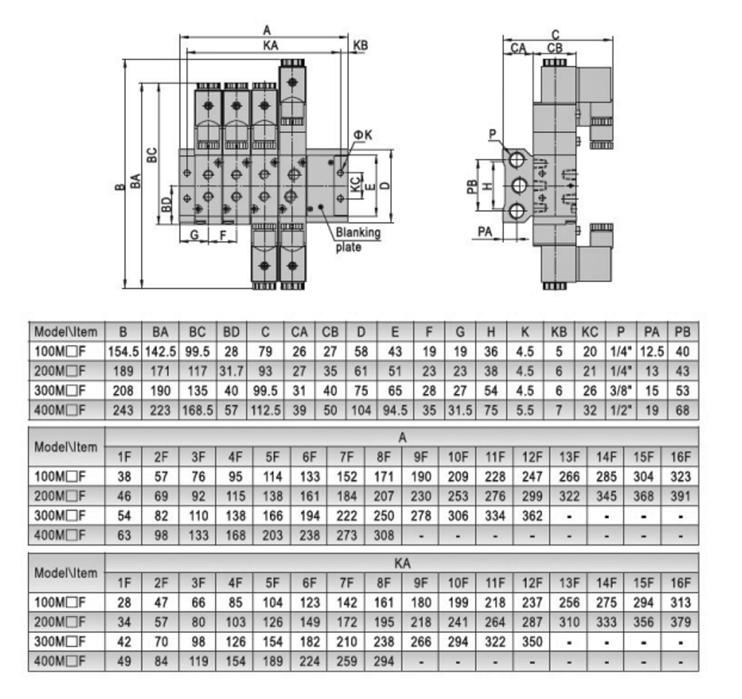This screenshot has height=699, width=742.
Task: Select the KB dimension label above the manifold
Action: [361, 46]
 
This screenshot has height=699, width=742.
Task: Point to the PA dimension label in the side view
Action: [485, 232]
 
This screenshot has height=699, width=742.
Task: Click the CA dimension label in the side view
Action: [518, 48]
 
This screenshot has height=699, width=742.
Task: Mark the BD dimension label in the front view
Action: [167, 203]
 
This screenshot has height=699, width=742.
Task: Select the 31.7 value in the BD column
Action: [231, 369]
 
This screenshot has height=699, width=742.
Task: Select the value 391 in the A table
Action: [680, 494]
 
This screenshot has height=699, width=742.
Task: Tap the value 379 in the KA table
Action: [680, 620]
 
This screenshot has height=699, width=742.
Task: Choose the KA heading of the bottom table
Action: [401, 564]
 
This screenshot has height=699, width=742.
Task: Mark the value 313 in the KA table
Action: [680, 602]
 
